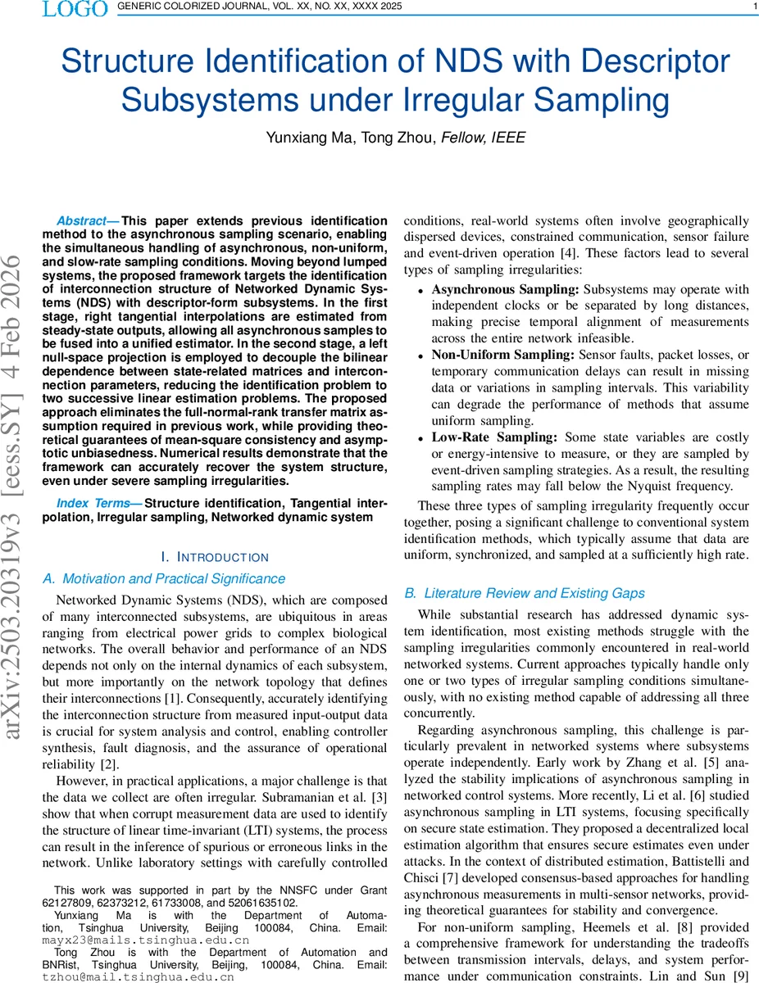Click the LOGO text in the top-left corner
point(75,10)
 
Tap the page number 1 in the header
point(753,8)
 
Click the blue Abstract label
point(87,221)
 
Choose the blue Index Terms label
point(98,503)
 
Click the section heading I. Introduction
point(216,557)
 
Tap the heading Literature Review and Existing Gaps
point(534,593)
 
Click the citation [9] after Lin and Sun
point(740,976)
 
